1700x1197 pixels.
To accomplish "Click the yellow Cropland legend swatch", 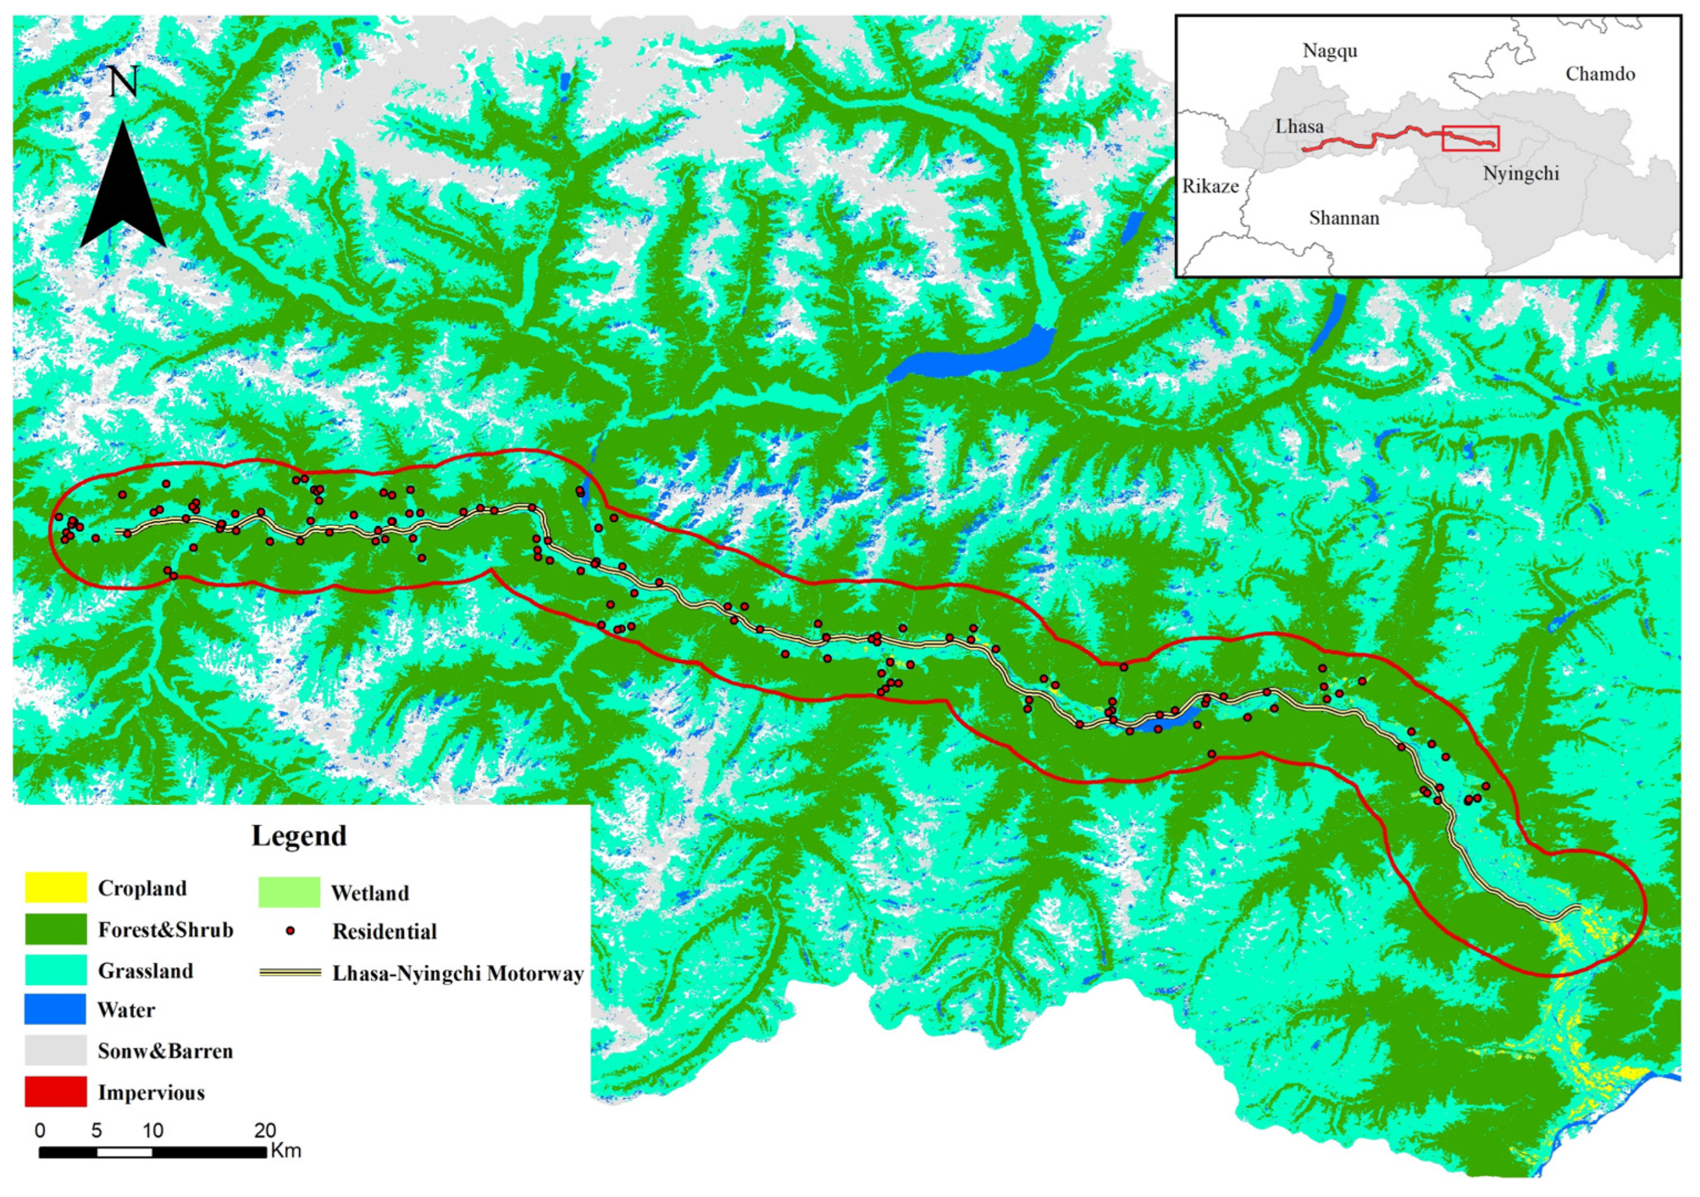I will coord(55,888).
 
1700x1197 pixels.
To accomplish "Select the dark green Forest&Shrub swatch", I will coord(55,929).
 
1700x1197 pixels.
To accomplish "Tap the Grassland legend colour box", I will coord(55,970).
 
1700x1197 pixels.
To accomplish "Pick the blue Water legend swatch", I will coord(55,1010).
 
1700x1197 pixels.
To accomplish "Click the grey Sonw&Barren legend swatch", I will coord(55,1050).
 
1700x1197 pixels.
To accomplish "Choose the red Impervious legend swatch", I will coord(55,1092).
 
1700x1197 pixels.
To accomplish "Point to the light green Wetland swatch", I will coord(289,893).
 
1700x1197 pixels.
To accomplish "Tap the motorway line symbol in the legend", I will coord(289,973).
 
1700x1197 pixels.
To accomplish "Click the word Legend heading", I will coord(299,836).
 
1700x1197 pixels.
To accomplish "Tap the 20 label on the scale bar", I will coord(265,1130).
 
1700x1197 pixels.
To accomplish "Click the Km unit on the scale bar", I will coord(286,1150).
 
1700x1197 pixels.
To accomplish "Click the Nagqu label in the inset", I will coord(1330,51).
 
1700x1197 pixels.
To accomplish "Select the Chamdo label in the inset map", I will coord(1600,74).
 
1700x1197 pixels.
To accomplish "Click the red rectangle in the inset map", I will coord(1470,139).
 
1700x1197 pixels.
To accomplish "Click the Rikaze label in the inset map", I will coord(1210,187).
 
